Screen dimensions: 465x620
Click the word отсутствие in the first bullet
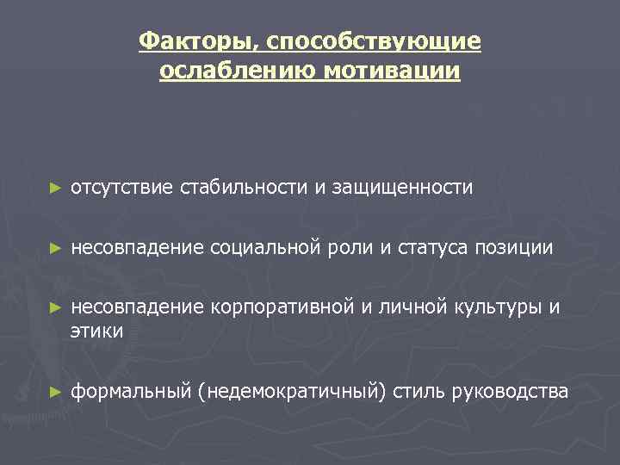coord(122,187)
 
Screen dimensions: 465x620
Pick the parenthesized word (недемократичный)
coord(291,391)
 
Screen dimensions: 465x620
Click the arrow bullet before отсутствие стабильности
coord(55,187)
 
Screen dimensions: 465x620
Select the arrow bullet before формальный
coord(55,391)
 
